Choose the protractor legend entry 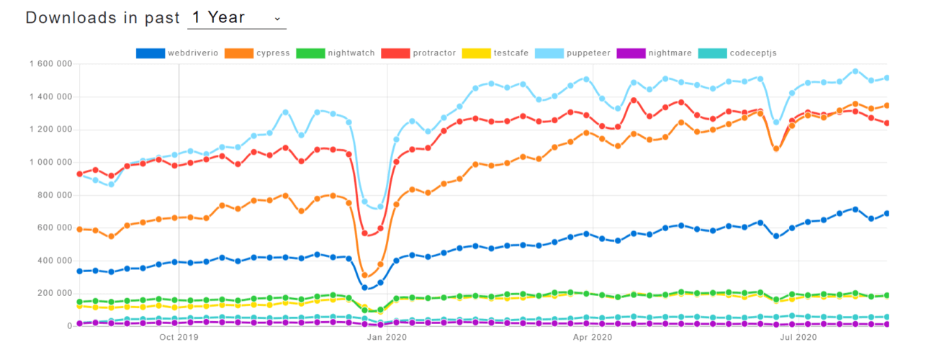tap(422, 53)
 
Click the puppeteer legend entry tap(585, 53)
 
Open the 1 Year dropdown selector tap(236, 17)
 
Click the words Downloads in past tap(102, 17)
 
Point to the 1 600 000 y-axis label tap(50, 64)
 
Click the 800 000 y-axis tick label tap(55, 195)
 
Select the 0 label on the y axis tap(69, 326)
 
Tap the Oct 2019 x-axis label tap(179, 336)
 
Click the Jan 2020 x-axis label tap(387, 336)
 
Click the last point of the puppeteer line tap(887, 78)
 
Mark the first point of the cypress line tap(79, 229)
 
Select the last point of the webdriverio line tap(887, 213)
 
